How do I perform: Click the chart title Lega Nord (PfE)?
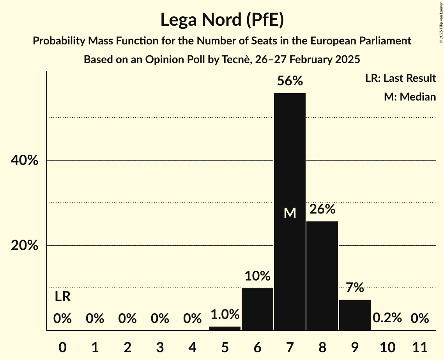[222, 20]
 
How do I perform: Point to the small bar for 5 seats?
[225, 328]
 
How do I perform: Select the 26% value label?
[322, 209]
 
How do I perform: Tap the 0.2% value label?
[387, 318]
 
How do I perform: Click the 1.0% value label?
[225, 314]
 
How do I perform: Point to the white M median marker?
[290, 213]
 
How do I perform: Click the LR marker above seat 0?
[62, 297]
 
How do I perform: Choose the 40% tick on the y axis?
[26, 160]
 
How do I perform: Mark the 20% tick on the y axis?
[26, 245]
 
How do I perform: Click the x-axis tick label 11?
[420, 347]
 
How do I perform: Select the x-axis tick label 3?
[160, 347]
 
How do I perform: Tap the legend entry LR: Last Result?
[400, 78]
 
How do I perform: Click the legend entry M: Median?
[410, 97]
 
